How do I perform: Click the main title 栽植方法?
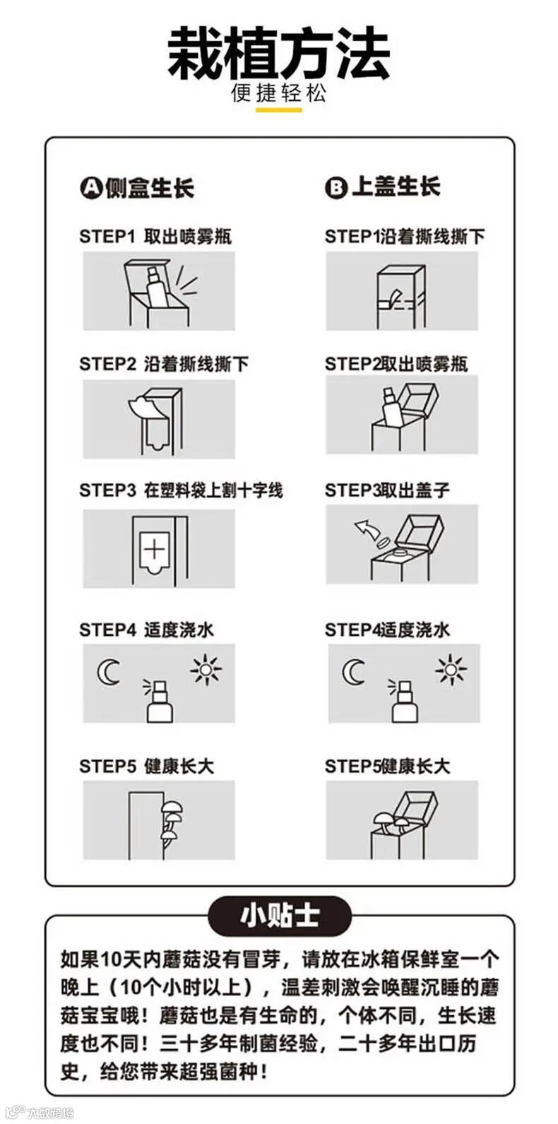278,53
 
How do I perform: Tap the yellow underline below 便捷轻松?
278,110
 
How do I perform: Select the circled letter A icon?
91,188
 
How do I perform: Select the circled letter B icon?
336,188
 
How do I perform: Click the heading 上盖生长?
396,187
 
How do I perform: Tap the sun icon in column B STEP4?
451,669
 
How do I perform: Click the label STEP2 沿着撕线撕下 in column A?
164,364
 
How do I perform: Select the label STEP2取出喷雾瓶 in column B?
396,364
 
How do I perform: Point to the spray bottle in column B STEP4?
404,701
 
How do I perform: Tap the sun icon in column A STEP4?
206,669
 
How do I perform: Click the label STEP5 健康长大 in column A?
146,767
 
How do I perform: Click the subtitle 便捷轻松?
278,93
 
